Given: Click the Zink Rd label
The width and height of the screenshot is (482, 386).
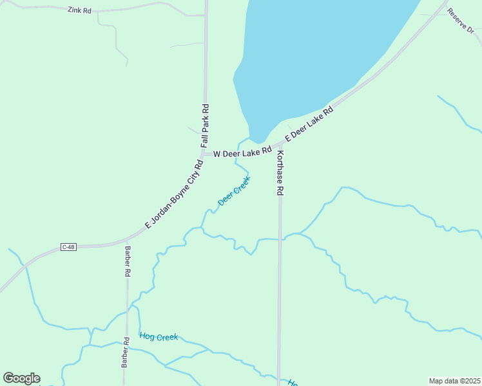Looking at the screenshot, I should pos(79,10).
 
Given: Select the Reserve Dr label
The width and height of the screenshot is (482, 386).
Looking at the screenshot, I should pos(461,21).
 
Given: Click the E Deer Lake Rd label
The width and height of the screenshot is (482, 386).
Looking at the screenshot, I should pos(310,125).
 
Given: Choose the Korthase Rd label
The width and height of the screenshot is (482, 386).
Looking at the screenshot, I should pos(280,173).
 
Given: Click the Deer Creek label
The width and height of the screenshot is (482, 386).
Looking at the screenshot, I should pos(233,191).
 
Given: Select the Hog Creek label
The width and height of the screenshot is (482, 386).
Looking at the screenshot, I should pos(158,336).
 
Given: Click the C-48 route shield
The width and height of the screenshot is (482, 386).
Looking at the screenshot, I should pos(69,247).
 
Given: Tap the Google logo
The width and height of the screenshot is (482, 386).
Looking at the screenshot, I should pos(21,378).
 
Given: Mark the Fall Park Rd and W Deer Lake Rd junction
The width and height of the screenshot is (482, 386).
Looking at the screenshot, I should pos(205,154).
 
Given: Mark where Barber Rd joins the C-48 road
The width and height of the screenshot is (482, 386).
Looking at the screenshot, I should pos(127,242).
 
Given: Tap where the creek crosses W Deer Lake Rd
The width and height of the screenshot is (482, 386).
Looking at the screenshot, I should pos(237,151).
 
